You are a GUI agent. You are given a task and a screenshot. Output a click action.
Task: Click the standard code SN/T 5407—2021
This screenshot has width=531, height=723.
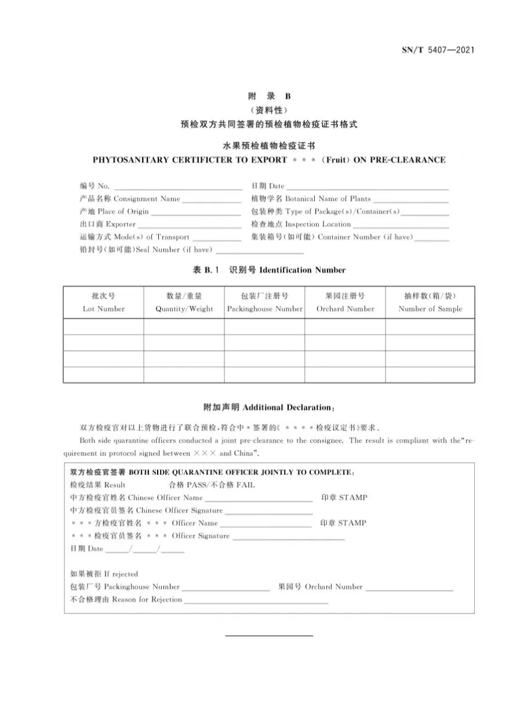click(438, 50)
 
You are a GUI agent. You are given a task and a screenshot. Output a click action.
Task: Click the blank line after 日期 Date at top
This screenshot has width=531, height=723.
click(368, 187)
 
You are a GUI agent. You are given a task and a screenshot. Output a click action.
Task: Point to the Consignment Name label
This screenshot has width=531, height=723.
click(147, 199)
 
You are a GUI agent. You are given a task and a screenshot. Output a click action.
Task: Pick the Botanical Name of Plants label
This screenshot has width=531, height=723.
click(328, 199)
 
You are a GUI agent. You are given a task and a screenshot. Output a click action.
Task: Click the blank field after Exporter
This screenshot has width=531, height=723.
click(189, 225)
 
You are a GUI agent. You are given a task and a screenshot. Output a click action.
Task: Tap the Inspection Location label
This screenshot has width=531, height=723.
click(318, 225)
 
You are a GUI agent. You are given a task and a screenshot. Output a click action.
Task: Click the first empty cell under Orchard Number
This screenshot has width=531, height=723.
click(345, 327)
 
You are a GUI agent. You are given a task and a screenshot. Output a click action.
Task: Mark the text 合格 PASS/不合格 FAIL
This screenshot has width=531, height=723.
click(212, 485)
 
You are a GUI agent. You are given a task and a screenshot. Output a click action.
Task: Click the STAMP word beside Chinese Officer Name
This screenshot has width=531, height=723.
click(352, 498)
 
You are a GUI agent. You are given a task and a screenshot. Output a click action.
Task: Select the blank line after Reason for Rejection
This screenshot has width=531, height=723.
click(256, 600)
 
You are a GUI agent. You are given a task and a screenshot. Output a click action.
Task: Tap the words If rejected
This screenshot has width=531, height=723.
click(121, 574)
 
